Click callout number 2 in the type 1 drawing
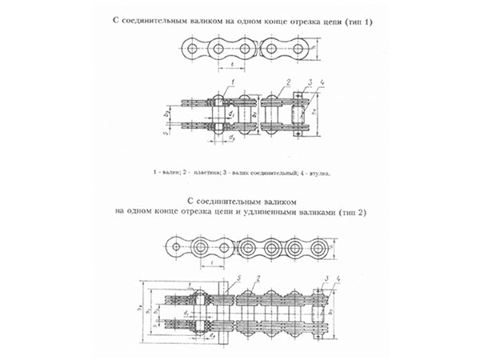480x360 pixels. click(x=286, y=82)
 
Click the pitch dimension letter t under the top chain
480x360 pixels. click(x=231, y=62)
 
